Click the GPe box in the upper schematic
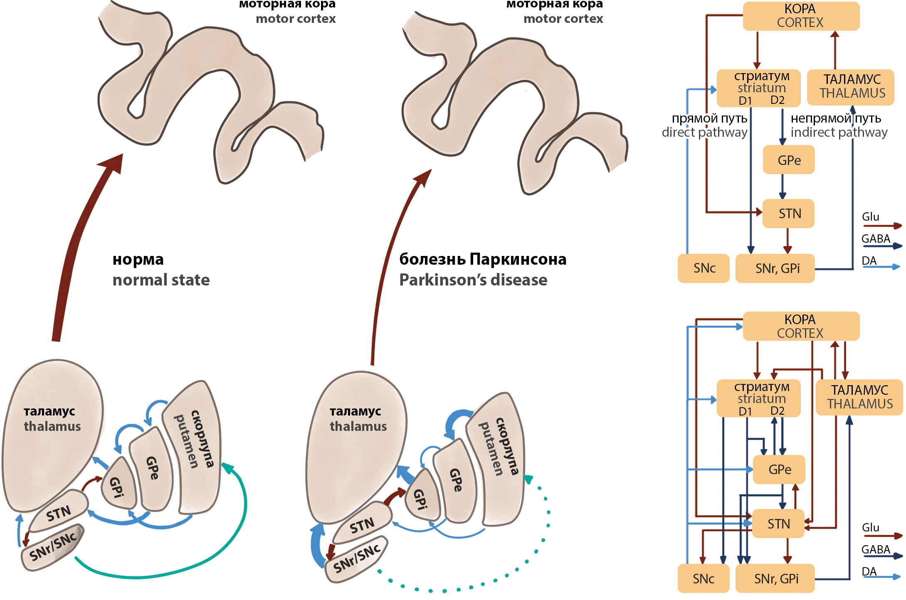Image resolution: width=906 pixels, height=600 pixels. coord(788,160)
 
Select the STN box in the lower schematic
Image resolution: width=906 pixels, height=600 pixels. coord(778,524)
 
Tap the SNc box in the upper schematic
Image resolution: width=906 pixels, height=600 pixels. coord(704,268)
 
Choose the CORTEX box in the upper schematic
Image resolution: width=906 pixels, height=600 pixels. coord(800,16)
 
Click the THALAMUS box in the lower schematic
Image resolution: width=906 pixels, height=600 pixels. coord(859,397)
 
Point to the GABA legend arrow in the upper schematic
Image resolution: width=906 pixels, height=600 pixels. coord(881,246)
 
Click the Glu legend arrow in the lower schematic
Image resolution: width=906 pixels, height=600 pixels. coord(881,536)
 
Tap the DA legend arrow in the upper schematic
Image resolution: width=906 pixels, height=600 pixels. coord(881,267)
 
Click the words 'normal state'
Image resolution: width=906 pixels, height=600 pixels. coord(161,280)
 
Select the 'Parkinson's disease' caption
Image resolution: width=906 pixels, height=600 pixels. coord(473,280)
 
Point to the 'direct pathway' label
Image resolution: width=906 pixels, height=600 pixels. coord(704,132)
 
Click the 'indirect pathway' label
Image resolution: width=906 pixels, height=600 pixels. coord(839,132)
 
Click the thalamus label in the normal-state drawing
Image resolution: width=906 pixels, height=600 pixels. coord(52,419)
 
